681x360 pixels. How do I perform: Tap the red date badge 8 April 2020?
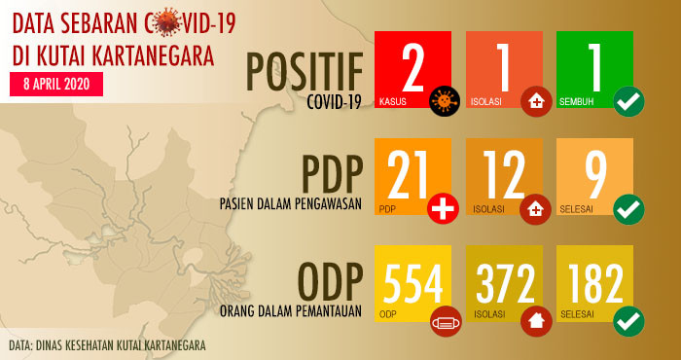coord(54,83)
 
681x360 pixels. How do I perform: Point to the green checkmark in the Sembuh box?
coord(628,100)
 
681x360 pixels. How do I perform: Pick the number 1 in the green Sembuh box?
coord(592,63)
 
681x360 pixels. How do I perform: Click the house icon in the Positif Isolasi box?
coord(535,100)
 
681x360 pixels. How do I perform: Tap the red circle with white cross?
coord(443,207)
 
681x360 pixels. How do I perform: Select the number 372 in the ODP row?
coord(506,282)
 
